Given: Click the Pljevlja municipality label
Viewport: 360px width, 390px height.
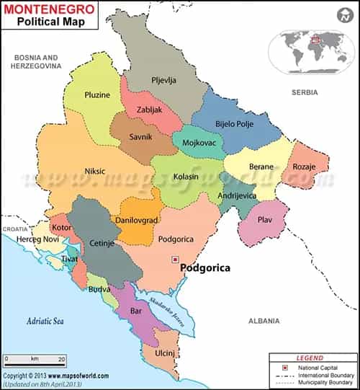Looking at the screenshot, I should tap(163, 80).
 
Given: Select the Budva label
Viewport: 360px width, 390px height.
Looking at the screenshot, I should tap(99, 289).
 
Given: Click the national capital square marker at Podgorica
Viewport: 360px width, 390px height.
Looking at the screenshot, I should tap(174, 259).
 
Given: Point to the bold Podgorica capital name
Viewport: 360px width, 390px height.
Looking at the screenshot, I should tap(207, 267).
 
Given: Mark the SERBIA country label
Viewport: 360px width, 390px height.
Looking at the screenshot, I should tap(305, 93).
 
